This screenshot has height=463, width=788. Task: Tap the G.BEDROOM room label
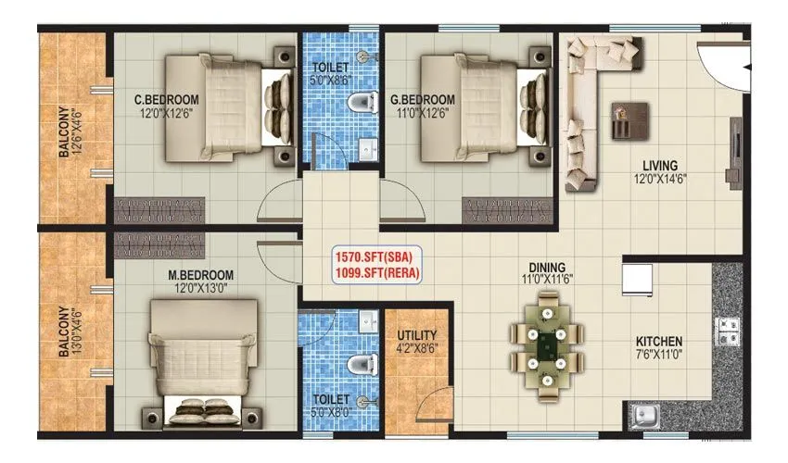[x=422, y=100]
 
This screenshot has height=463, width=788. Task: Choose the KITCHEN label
[x=659, y=341]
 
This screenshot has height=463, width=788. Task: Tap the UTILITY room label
[x=417, y=335]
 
